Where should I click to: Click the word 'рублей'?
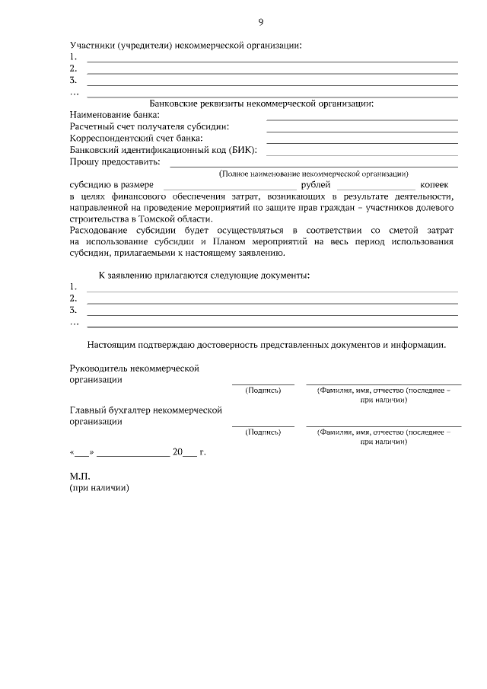click(316, 185)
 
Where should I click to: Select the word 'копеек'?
click(434, 185)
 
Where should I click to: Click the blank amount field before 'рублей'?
click(229, 186)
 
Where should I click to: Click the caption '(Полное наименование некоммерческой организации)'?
click(314, 174)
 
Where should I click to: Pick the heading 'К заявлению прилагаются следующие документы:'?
click(205, 275)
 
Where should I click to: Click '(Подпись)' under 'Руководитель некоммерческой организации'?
click(263, 391)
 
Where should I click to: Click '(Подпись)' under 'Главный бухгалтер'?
click(263, 432)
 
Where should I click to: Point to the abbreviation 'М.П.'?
click(79, 477)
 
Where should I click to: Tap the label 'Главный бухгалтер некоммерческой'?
click(145, 410)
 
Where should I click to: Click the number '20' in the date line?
click(178, 452)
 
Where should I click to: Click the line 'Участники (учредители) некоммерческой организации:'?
click(186, 45)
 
